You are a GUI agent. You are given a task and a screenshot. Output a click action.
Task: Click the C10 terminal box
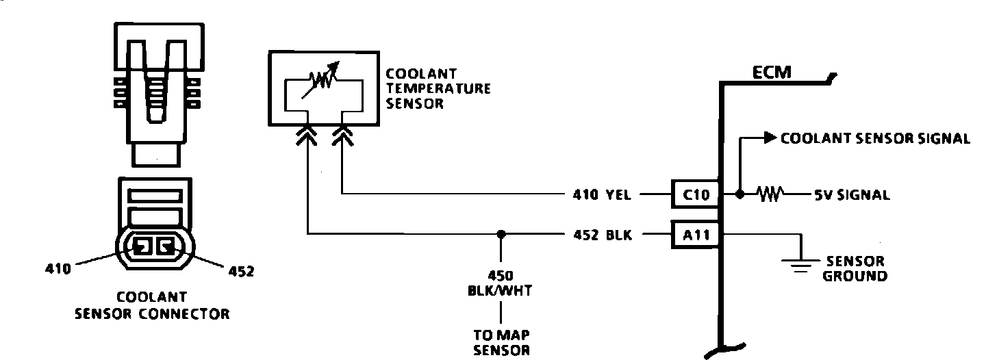tap(695, 194)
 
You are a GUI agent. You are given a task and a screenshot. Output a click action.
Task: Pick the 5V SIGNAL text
tap(852, 195)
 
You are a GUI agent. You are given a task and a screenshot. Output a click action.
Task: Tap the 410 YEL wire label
tap(603, 195)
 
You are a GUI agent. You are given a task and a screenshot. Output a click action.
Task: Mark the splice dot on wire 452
tap(502, 234)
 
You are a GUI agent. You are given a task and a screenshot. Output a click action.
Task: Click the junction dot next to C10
tap(739, 194)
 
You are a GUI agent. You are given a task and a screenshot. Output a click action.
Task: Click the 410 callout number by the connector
tap(58, 269)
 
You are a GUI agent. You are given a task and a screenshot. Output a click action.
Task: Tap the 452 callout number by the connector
tap(240, 271)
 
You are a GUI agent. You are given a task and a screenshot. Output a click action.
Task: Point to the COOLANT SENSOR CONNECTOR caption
tap(152, 306)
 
